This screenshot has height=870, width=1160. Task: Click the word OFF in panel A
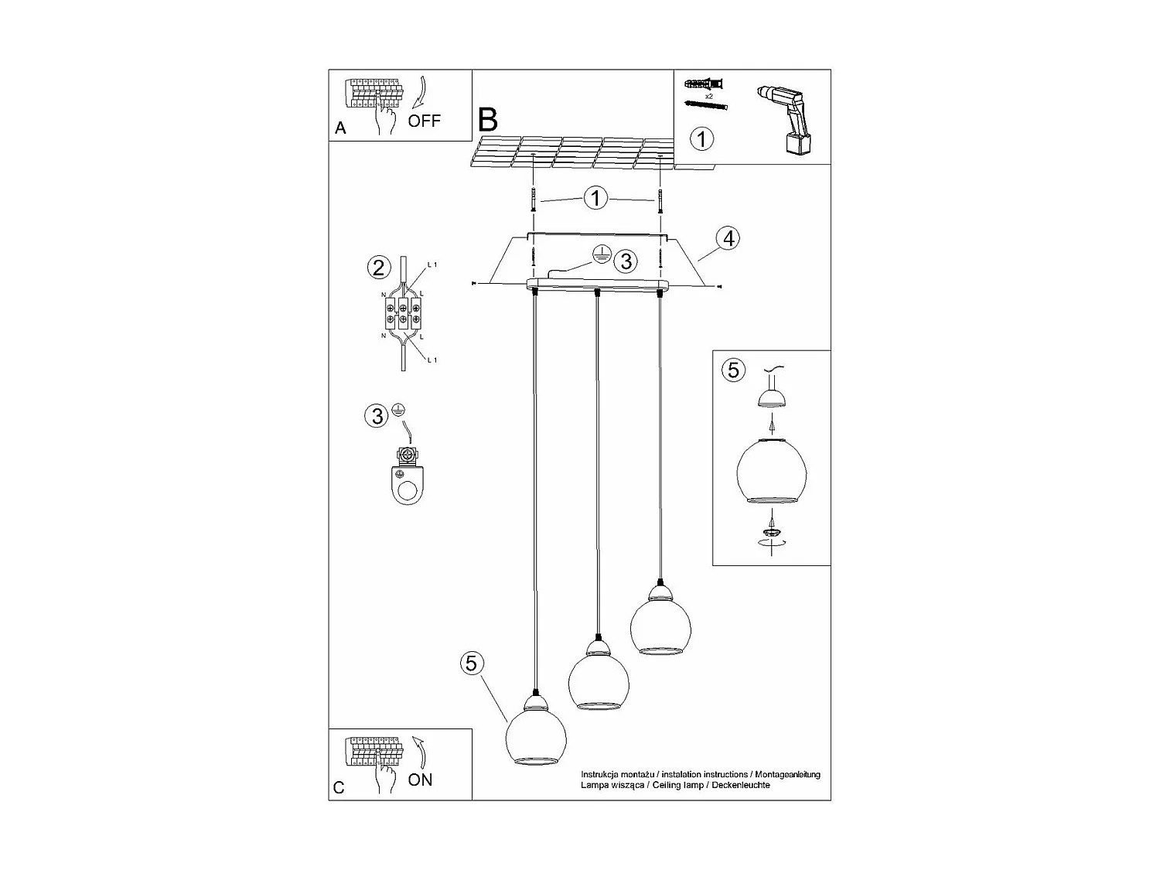tap(424, 121)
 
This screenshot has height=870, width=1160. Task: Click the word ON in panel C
tap(420, 780)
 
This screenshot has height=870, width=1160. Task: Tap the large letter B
tap(488, 120)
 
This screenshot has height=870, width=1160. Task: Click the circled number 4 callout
tap(727, 238)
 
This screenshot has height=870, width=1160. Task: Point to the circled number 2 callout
tap(378, 268)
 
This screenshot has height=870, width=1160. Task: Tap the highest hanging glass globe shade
tap(660, 626)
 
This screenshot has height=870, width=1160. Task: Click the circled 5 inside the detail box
tap(732, 370)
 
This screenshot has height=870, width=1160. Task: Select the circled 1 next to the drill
tap(701, 139)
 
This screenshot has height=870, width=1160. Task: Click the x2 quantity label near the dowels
tap(708, 96)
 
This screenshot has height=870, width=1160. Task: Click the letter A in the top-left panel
tap(340, 129)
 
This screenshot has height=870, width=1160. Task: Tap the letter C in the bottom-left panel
tap(339, 787)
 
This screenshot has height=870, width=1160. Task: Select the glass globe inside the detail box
tap(771, 470)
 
